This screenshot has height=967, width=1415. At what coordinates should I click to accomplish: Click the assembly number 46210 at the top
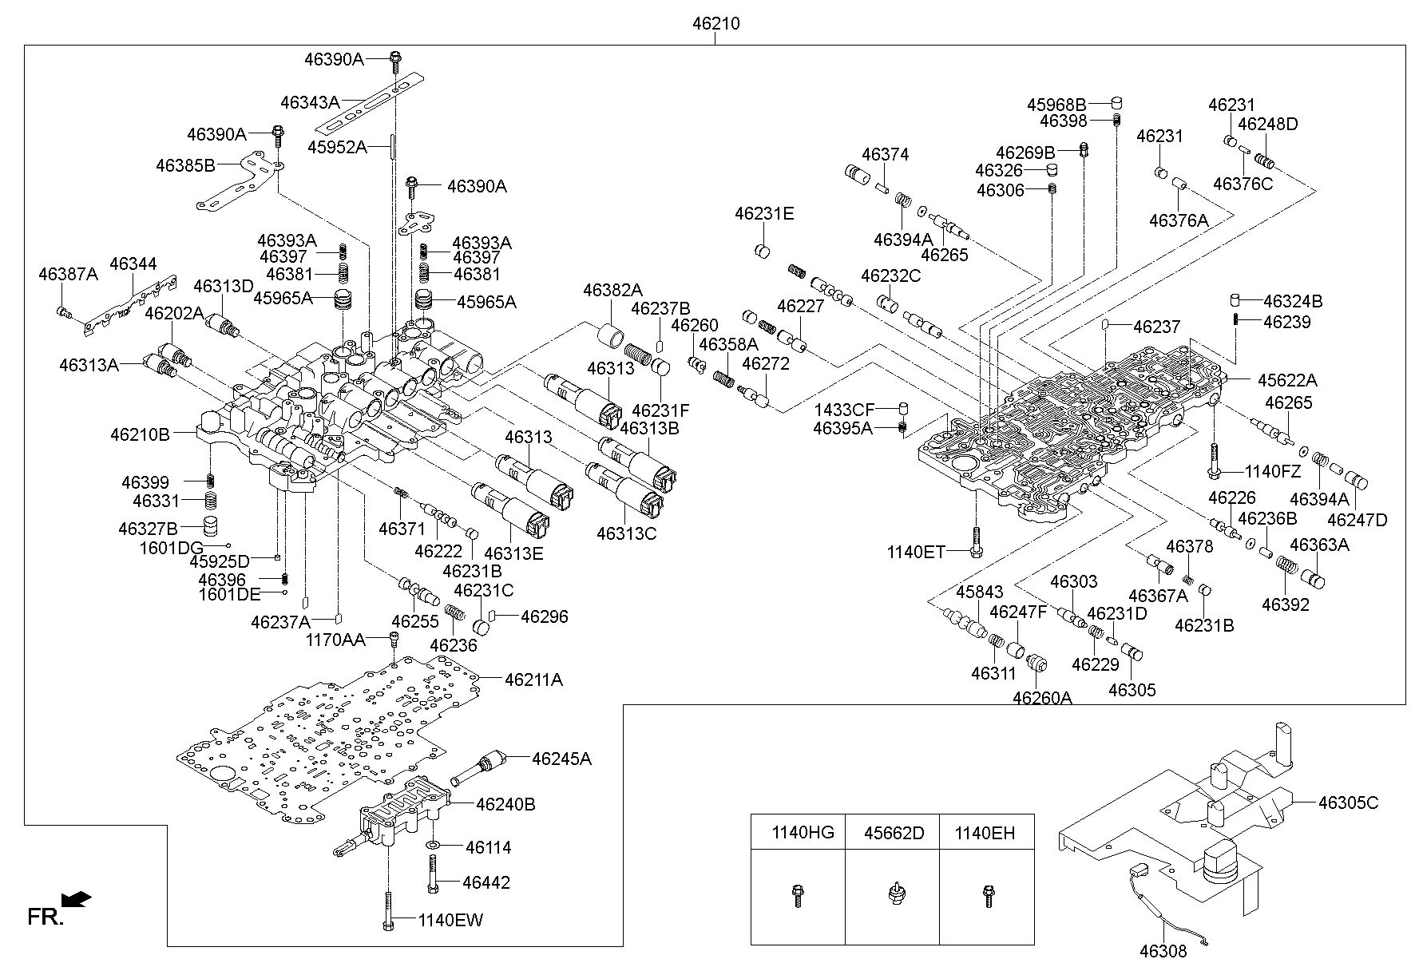coord(715,24)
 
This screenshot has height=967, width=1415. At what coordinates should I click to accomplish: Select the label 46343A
coord(311,102)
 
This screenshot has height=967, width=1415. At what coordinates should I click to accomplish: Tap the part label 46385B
coord(186,165)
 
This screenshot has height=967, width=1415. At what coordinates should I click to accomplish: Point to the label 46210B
coord(140,434)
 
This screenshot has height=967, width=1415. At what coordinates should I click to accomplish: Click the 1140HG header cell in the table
coord(799,833)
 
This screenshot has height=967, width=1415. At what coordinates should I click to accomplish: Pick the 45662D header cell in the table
coord(893,833)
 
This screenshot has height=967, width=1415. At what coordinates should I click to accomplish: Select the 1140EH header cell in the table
coord(987,833)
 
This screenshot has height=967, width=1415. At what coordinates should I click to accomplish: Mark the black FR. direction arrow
coord(77,900)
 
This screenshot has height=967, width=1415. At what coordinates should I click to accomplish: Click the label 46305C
coord(1348,803)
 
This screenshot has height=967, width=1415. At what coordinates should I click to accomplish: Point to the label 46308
coord(1163,950)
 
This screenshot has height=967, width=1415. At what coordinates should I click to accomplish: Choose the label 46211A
coord(533,680)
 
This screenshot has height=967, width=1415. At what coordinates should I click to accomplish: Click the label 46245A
coord(561,759)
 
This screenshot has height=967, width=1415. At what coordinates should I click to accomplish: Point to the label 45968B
coord(1056,105)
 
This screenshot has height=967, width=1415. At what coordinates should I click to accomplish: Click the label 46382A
coord(612,290)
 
